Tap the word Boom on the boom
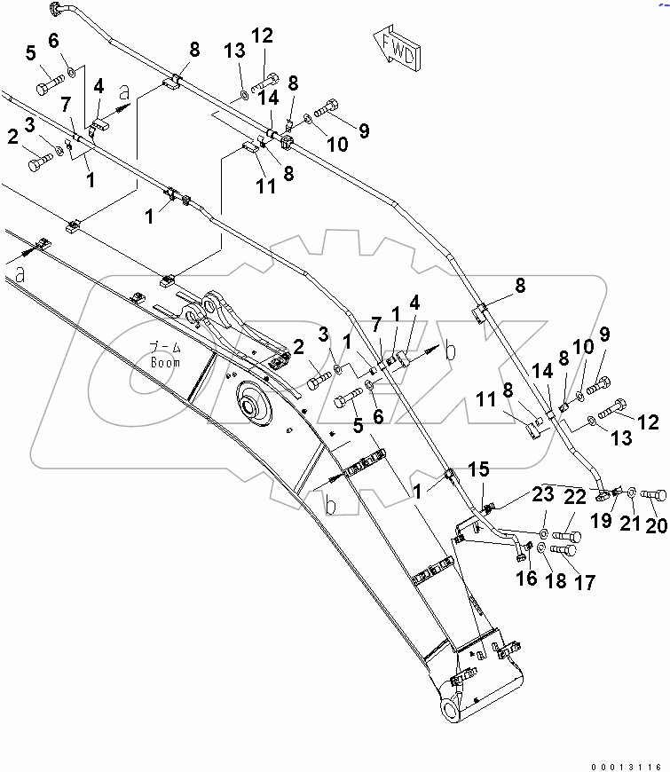165,362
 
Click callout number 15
478,468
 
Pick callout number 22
576,497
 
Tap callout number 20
655,525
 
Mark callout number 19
603,521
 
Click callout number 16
527,578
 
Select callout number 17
583,581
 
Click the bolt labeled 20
653,493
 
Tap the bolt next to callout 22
567,536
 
